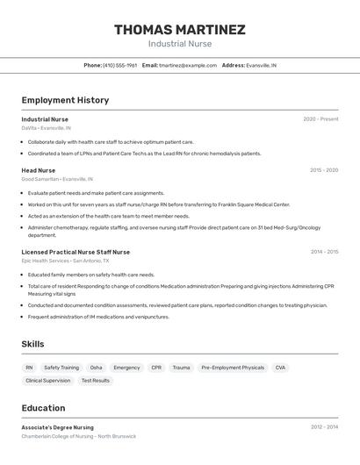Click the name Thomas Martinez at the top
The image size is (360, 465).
pos(179,30)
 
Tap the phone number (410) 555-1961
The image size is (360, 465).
pos(120,65)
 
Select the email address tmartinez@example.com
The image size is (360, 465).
pos(188,65)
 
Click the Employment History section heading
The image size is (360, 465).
pos(65,100)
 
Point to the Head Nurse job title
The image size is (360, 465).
pos(39,170)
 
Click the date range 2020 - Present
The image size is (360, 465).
pos(320,119)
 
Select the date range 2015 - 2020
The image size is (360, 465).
pos(323,170)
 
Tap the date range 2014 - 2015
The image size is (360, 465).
pos(324,252)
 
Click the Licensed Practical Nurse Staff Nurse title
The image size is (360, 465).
pos(76,252)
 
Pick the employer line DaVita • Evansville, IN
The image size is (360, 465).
pos(47,128)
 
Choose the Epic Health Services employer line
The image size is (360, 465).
pos(65,261)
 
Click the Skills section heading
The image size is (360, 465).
pos(32,344)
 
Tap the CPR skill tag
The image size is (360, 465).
pos(156,368)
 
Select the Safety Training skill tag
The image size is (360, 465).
pos(61,368)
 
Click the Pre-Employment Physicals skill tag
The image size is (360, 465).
pos(233,368)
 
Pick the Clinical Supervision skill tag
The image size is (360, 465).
pos(47,381)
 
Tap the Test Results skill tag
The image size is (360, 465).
pos(96,381)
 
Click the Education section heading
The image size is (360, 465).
pos(43,408)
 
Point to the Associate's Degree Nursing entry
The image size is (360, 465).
pos(57,427)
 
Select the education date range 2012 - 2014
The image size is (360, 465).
pos(324,427)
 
